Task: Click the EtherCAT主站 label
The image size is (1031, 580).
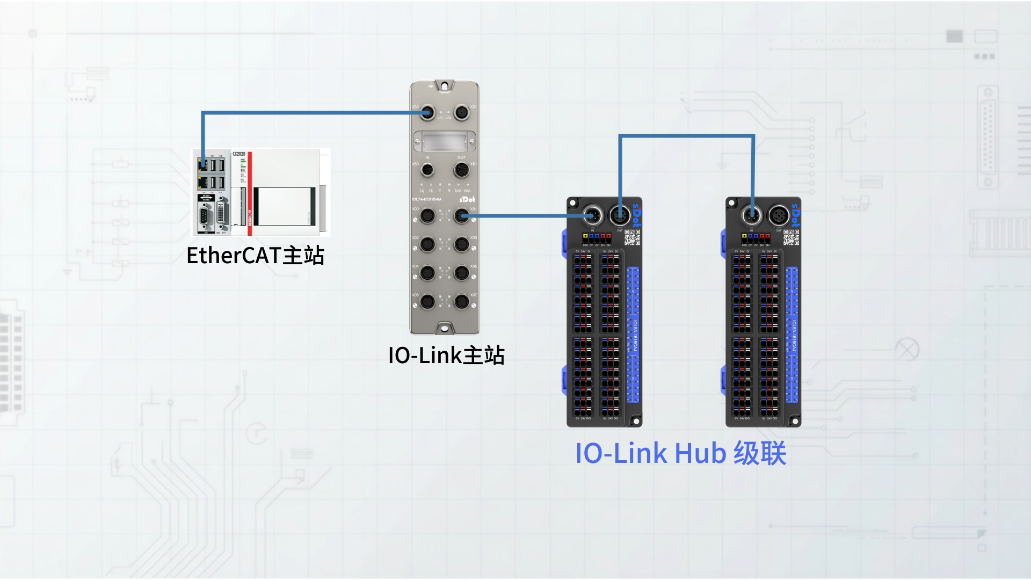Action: click(x=255, y=256)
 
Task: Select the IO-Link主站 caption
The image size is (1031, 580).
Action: click(x=446, y=356)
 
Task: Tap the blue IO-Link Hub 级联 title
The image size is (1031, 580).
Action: click(x=680, y=453)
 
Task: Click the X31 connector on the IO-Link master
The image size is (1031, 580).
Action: click(x=461, y=113)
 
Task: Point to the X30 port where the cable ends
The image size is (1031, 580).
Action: click(x=428, y=113)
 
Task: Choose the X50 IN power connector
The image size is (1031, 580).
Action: click(x=427, y=171)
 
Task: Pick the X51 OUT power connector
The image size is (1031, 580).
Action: click(x=461, y=171)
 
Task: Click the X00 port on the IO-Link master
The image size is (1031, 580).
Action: click(x=427, y=216)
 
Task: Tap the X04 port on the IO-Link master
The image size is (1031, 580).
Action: click(x=427, y=273)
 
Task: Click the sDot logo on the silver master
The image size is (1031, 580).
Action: click(x=467, y=199)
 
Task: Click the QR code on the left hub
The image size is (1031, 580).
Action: click(x=632, y=237)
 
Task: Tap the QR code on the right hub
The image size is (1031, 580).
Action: click(x=791, y=237)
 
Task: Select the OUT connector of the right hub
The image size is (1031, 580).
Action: click(x=779, y=216)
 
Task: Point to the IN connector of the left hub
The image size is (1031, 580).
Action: click(x=593, y=216)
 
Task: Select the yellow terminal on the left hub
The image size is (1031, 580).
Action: click(x=585, y=236)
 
